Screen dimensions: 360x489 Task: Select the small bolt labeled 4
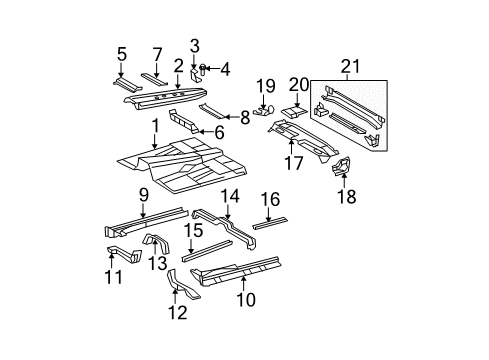point(203,68)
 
